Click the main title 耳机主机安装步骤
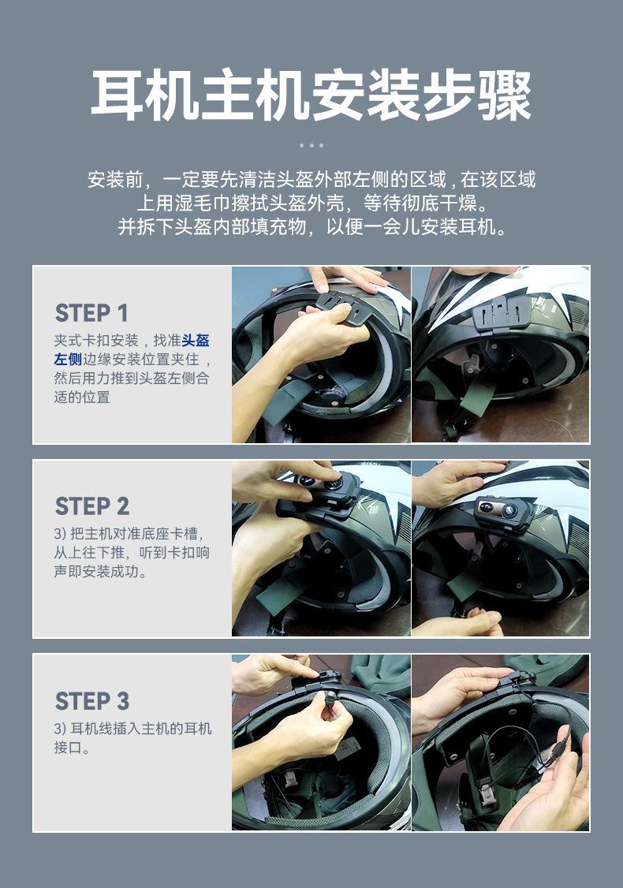(311, 95)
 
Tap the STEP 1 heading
(91, 312)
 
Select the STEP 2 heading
(92, 506)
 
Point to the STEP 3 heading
(92, 701)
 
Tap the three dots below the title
(311, 146)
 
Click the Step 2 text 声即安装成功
(101, 571)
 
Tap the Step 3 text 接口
(68, 747)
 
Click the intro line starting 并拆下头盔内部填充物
(311, 226)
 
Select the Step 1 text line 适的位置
(82, 397)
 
